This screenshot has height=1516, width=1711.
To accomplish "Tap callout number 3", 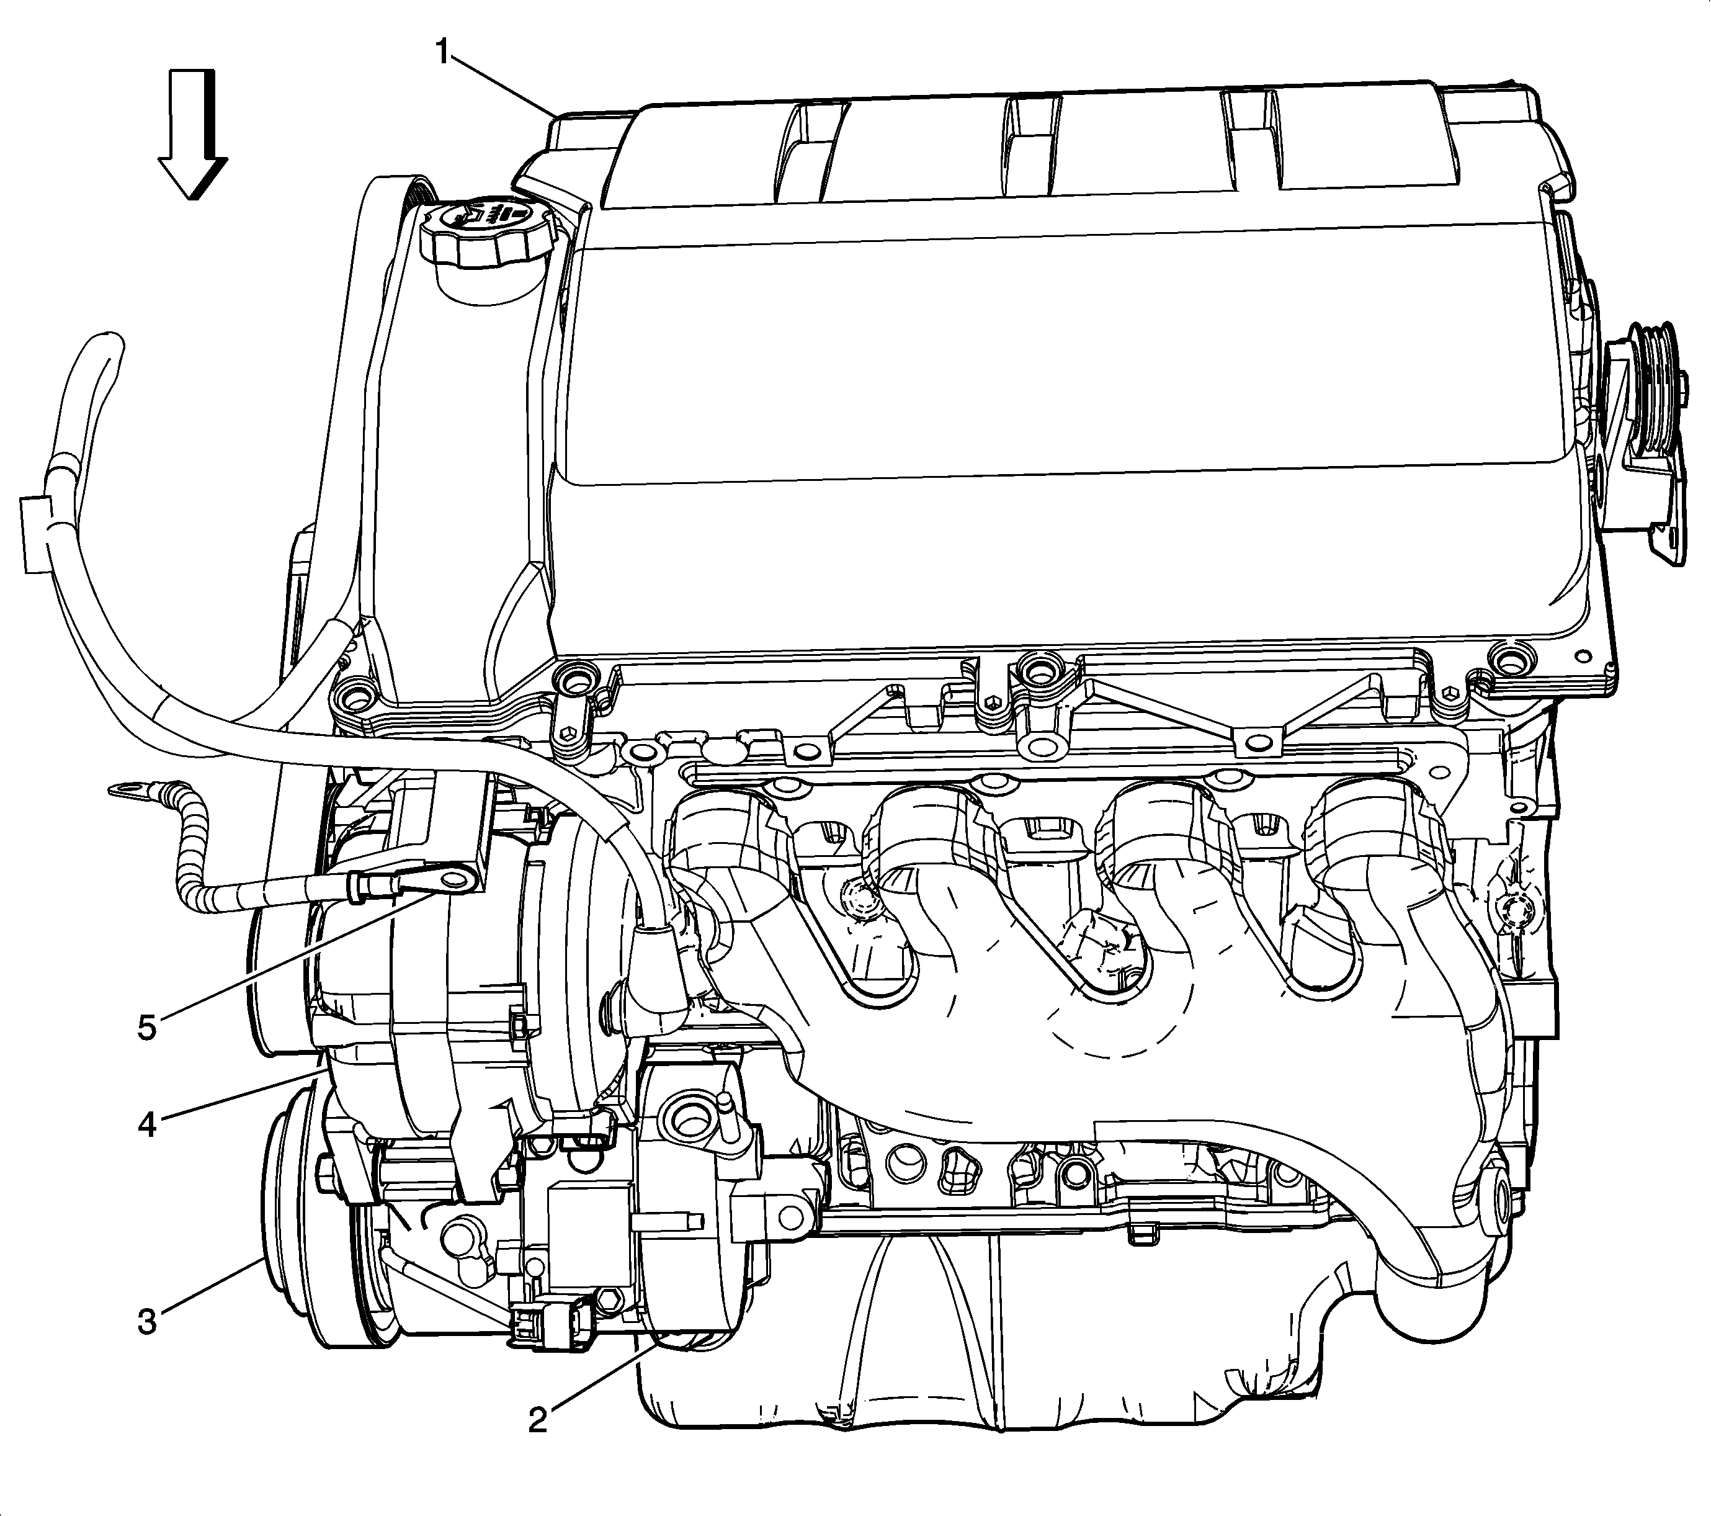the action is pos(147,1322).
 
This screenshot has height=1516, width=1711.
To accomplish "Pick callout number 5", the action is pos(147,1027).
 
